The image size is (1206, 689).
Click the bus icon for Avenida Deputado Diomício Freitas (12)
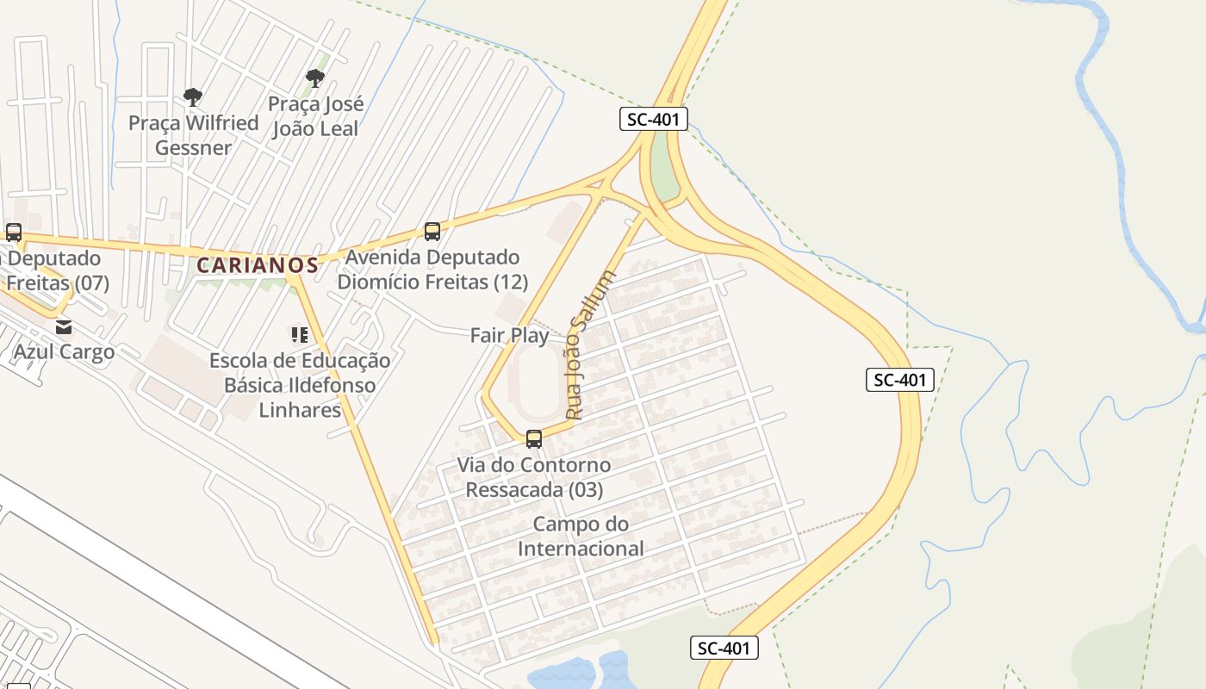tap(432, 231)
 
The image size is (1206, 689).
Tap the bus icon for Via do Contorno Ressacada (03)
tap(534, 439)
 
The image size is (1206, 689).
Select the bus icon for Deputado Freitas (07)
tap(13, 232)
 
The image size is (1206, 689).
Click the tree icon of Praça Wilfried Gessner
tap(193, 96)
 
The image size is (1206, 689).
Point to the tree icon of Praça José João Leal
tap(315, 78)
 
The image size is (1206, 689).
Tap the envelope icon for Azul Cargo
tap(64, 327)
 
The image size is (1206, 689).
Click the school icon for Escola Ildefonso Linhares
tap(300, 334)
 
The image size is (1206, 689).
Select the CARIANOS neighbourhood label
tap(257, 265)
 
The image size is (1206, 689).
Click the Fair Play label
tap(509, 335)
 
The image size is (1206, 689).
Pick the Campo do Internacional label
tap(581, 536)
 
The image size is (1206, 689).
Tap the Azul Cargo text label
tap(64, 351)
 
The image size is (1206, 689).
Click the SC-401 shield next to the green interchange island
tap(654, 119)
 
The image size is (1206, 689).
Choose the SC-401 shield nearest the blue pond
tap(724, 648)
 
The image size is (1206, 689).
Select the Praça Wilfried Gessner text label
tap(194, 134)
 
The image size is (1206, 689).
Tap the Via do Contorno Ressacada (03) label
tap(534, 477)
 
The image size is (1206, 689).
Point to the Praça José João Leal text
tap(315, 115)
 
